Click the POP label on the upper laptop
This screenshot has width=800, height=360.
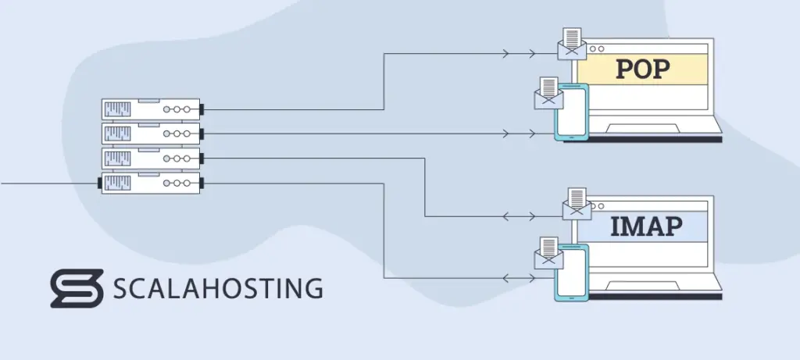[641, 69]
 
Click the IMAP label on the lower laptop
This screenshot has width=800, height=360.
[646, 226]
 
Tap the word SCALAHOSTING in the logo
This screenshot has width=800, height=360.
[218, 288]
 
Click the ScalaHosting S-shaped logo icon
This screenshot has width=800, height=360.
[77, 288]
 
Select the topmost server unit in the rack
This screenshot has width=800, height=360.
[151, 109]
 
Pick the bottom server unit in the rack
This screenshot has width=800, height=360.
[151, 183]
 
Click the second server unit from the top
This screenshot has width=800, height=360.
[151, 134]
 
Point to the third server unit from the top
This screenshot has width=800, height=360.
[151, 159]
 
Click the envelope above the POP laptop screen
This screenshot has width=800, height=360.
[573, 45]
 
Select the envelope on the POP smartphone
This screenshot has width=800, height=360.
[549, 94]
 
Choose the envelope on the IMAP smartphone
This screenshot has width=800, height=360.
[549, 255]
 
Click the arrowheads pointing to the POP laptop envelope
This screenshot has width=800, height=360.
[520, 54]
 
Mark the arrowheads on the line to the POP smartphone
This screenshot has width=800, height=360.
[520, 134]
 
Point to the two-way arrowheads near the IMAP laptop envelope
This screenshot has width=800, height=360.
[520, 216]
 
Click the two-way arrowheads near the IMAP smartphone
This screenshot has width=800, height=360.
[520, 276]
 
